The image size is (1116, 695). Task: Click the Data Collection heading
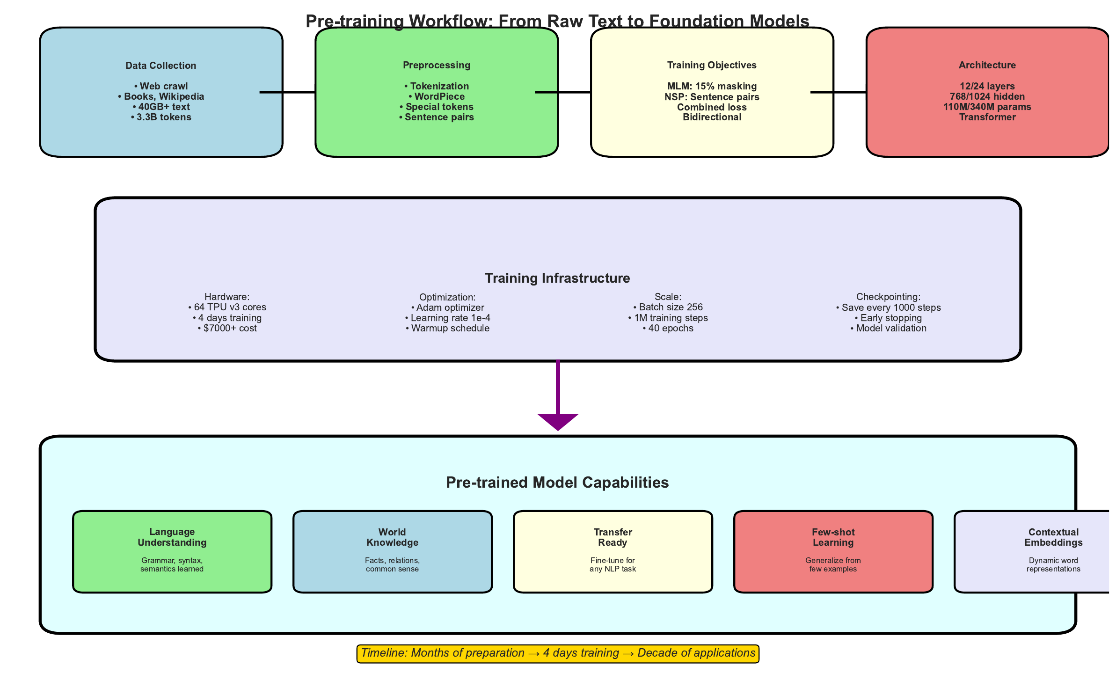160,66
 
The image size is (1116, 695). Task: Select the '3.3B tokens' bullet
161,117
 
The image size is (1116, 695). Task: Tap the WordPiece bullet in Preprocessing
437,96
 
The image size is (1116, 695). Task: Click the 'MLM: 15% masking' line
712,86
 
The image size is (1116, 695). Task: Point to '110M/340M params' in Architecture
987,107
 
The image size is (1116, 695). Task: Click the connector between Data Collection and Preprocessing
287,92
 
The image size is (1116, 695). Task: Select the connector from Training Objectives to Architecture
838,92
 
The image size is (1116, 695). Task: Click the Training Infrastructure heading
557,278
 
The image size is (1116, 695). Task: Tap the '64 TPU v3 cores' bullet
227,307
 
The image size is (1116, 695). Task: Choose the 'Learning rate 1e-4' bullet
447,318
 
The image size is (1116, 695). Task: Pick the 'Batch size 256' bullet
668,307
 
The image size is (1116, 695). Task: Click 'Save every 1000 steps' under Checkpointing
888,307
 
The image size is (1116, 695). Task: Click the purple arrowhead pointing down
558,421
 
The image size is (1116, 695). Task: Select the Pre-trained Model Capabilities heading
557,483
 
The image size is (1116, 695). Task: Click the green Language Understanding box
172,551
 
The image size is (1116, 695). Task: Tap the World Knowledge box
392,551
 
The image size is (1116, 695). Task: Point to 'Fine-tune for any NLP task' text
613,564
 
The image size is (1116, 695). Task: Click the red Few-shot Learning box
833,551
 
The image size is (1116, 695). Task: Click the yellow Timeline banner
557,653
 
